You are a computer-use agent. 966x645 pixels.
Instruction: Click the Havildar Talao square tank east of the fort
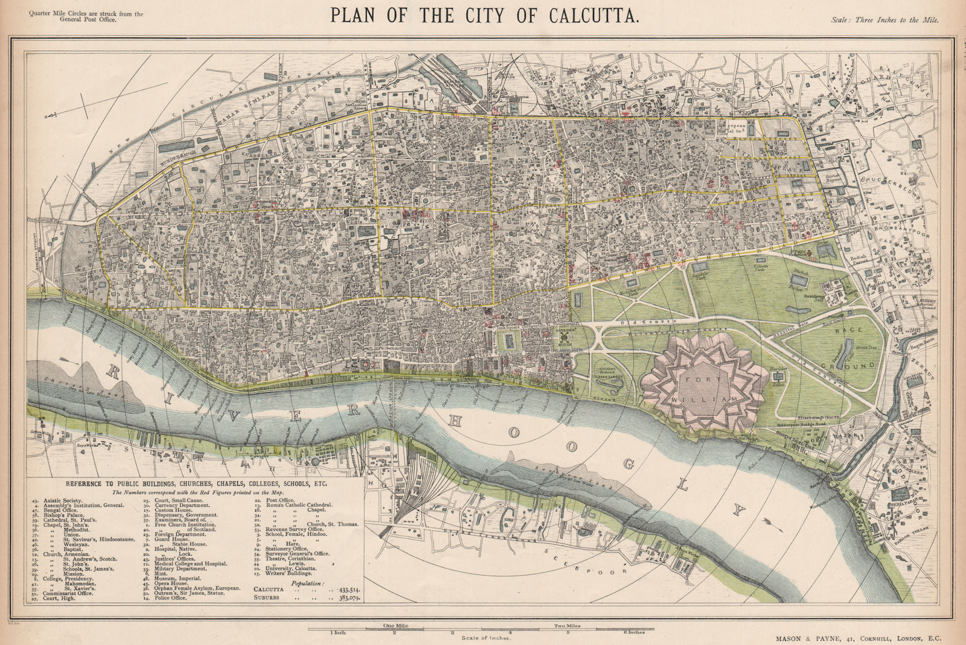[x=776, y=377]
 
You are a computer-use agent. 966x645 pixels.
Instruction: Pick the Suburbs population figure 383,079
[x=341, y=597]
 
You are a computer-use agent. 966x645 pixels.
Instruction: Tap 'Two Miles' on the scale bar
[x=568, y=626]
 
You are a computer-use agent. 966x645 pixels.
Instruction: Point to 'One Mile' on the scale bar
[x=395, y=626]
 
